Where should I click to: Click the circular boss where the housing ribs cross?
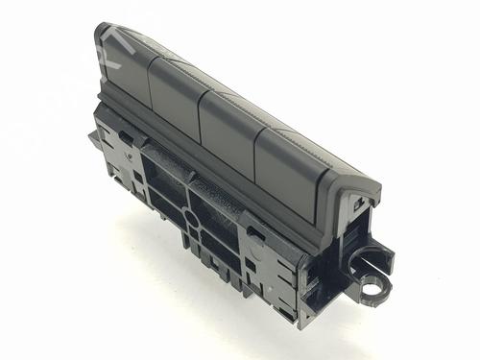point(192,218)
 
